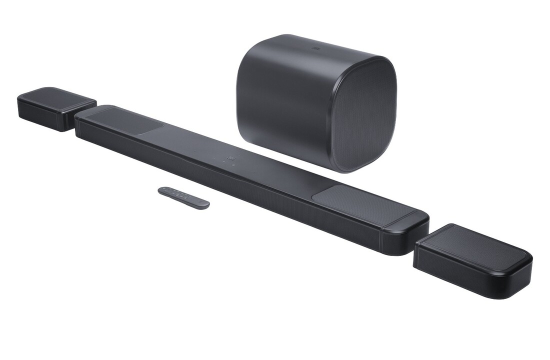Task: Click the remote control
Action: pos(183,197)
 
